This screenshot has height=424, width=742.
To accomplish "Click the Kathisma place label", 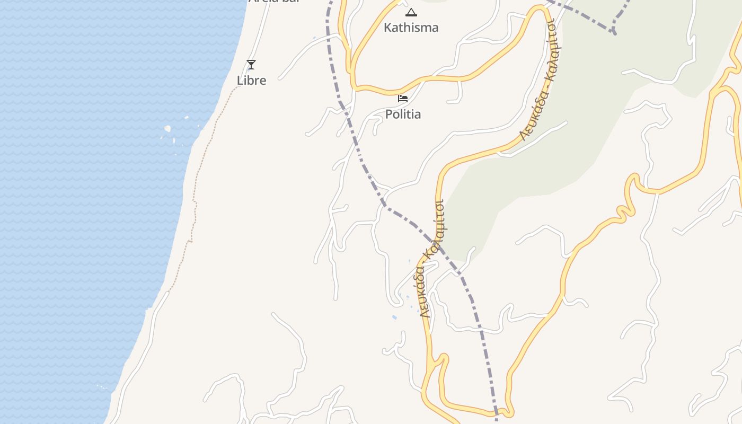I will (411, 28).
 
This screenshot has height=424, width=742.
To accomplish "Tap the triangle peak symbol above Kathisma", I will (411, 12).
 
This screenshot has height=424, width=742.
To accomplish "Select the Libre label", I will (251, 81).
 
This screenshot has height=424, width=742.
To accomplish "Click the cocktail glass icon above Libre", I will (251, 65).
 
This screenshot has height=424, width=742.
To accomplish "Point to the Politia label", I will (403, 114).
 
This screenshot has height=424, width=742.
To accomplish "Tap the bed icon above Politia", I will (403, 98).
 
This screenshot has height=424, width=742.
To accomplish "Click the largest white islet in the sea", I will (167, 128).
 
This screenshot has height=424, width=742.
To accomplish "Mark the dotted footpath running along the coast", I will (195, 201).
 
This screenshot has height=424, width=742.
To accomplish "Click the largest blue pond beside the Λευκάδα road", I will (394, 317).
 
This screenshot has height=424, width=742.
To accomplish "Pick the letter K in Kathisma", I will (387, 28).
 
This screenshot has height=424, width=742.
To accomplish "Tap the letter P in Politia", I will (388, 114).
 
